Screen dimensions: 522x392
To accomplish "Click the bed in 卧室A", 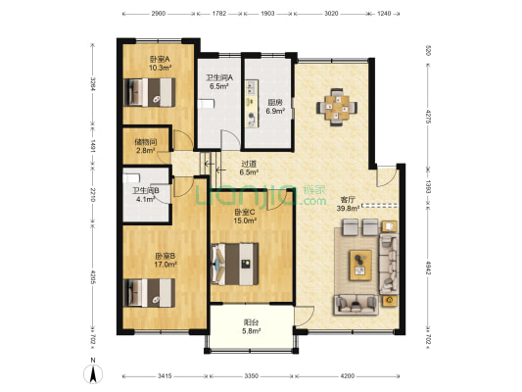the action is click(150, 92).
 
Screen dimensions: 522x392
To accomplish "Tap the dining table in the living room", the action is click(337, 107).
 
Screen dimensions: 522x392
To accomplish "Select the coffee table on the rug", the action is click(360, 266).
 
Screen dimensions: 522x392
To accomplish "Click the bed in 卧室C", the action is click(235, 264).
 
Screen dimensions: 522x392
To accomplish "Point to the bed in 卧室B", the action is click(149, 293).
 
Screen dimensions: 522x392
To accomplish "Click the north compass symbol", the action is click(93, 371).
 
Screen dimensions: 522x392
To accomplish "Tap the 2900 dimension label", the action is click(159, 14).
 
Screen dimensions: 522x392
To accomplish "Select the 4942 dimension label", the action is click(428, 268).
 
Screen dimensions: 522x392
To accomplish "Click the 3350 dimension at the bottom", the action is click(252, 376).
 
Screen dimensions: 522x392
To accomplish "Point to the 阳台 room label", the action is click(252, 322).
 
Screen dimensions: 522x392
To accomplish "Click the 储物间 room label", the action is click(146, 142).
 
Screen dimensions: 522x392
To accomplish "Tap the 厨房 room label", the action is click(274, 103).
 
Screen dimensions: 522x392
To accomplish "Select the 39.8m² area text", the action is click(348, 209).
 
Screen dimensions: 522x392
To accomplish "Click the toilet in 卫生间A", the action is click(206, 104).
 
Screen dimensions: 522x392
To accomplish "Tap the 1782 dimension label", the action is click(219, 14).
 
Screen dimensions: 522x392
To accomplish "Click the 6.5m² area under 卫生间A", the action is click(218, 86).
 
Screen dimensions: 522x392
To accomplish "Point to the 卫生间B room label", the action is click(146, 191).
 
